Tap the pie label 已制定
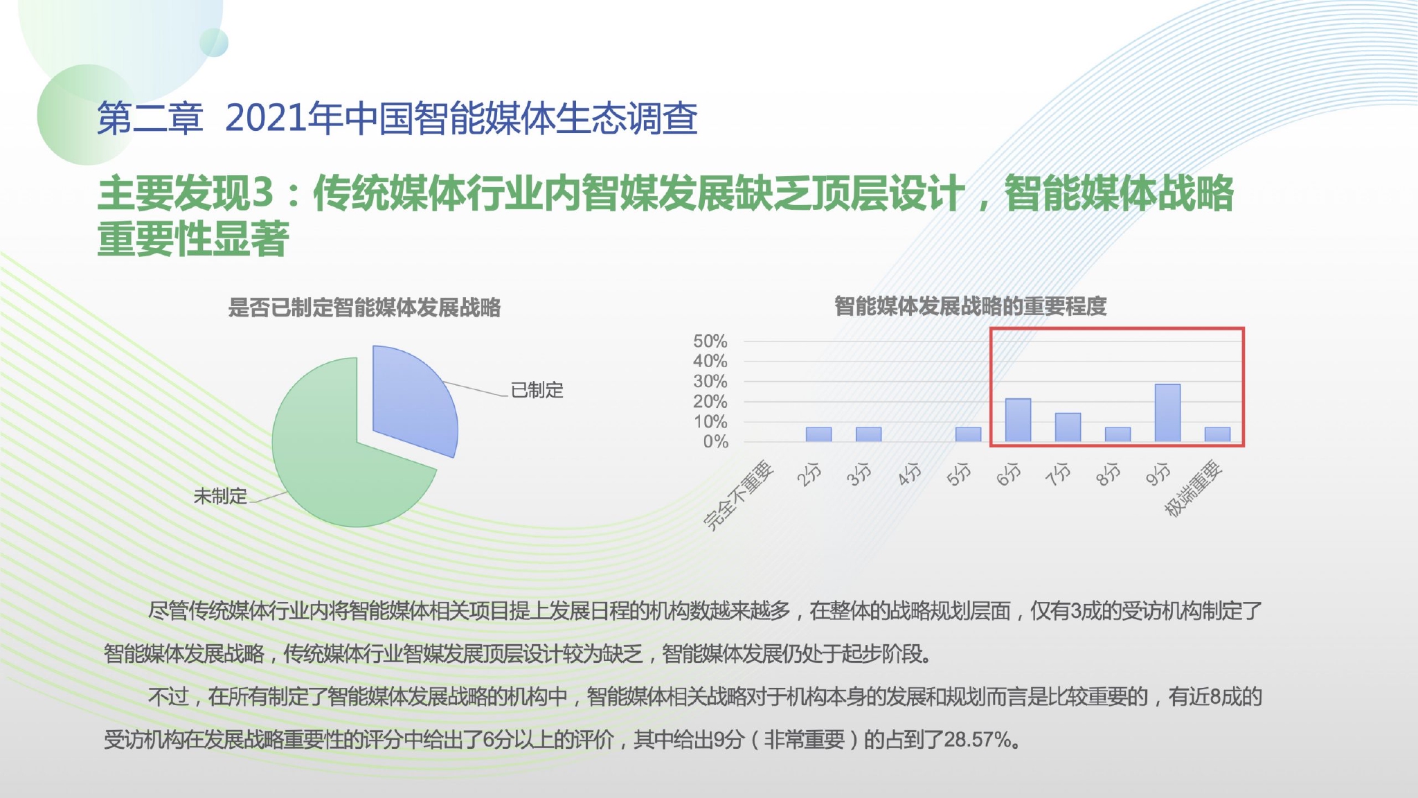(x=537, y=390)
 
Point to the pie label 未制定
(x=220, y=496)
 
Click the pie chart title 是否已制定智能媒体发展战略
(x=364, y=308)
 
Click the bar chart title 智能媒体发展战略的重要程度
(x=970, y=306)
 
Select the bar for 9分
(x=1167, y=413)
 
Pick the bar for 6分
(x=1018, y=420)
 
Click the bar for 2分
(x=818, y=434)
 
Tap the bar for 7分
(x=1068, y=427)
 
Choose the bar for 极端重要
(x=1217, y=434)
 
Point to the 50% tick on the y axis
(x=710, y=341)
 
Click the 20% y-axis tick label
(x=710, y=401)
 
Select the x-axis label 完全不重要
(x=738, y=495)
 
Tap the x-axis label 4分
(x=910, y=474)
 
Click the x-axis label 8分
(x=1109, y=474)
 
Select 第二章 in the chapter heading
(x=150, y=118)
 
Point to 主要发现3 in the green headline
(x=186, y=193)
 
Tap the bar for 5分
(x=968, y=434)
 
